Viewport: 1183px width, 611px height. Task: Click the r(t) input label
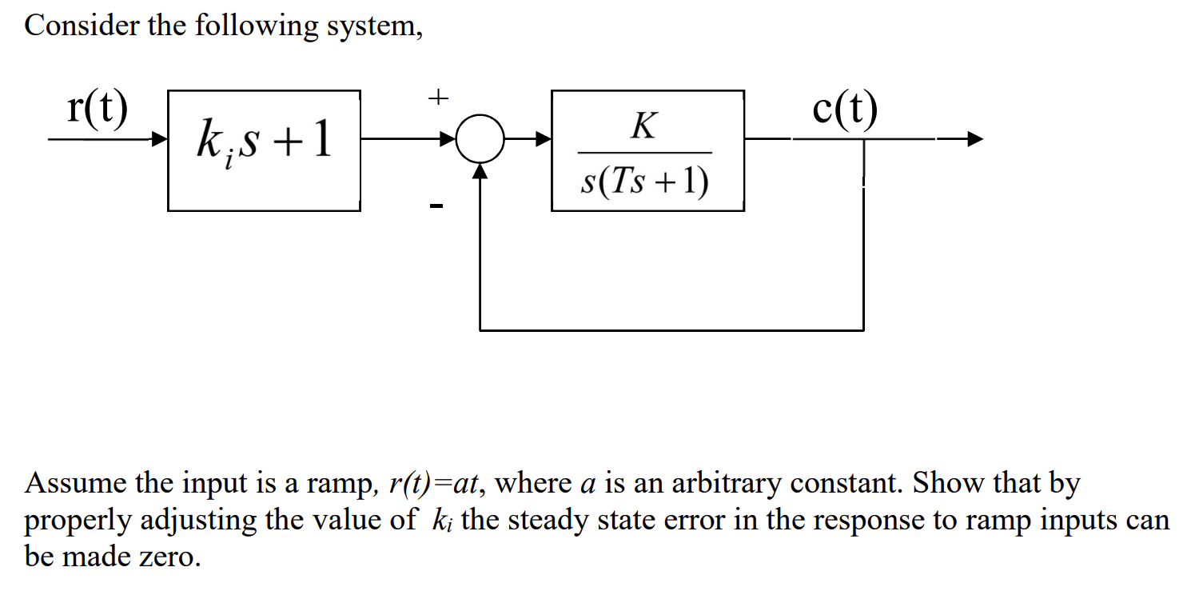(x=97, y=111)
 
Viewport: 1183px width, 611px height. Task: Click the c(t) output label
(x=844, y=111)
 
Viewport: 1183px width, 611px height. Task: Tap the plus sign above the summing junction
(x=436, y=98)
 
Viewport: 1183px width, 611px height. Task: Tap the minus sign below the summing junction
(x=436, y=207)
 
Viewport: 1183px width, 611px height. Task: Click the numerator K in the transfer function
(x=643, y=126)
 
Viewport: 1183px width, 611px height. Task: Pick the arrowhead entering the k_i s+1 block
(x=161, y=139)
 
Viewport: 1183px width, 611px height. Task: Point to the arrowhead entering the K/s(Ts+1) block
(x=544, y=139)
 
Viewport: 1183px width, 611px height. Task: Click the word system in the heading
(x=371, y=27)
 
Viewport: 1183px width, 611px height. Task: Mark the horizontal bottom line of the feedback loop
(x=671, y=329)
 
